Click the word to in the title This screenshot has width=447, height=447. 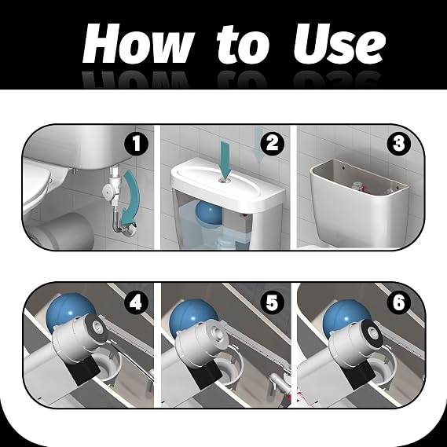pyautogui.click(x=243, y=44)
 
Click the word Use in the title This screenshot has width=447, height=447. pyautogui.click(x=339, y=43)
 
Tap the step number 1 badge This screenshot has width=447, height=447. pyautogui.click(x=137, y=144)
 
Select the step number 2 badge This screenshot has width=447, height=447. pyautogui.click(x=273, y=144)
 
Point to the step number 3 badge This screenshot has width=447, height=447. pyautogui.click(x=399, y=144)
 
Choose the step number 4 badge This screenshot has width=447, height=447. pyautogui.click(x=136, y=302)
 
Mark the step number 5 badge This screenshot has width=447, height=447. pyautogui.click(x=272, y=302)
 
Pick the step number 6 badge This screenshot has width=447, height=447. pyautogui.click(x=399, y=302)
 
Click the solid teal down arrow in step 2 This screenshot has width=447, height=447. pyautogui.click(x=226, y=160)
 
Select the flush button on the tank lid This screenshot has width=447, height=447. pyautogui.click(x=225, y=180)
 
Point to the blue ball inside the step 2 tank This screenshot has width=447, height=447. pyautogui.click(x=208, y=212)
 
